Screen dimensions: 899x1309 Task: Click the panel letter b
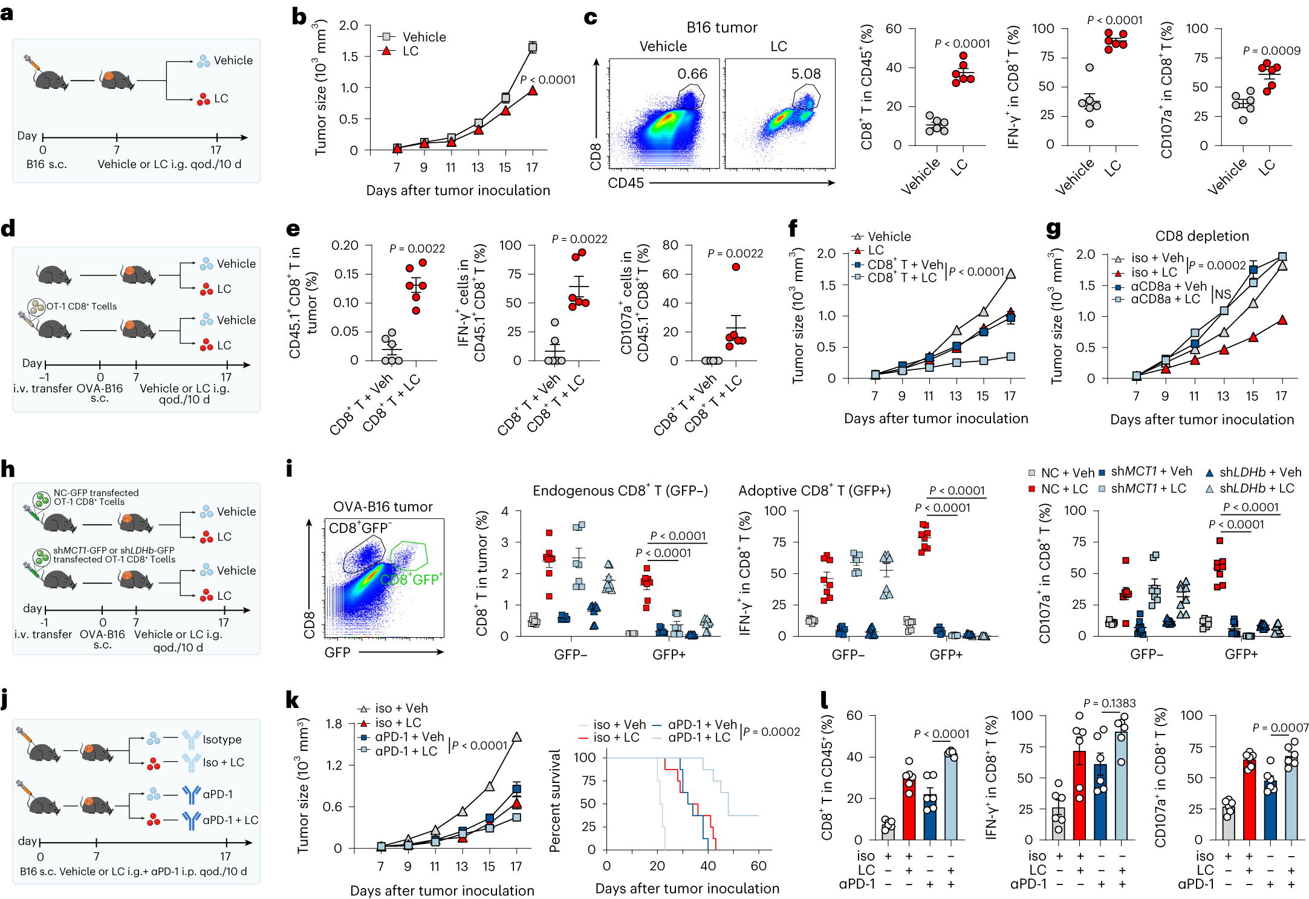(299, 17)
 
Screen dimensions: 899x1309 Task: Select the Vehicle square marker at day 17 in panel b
(532, 47)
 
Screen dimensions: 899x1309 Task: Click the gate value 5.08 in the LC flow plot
(806, 74)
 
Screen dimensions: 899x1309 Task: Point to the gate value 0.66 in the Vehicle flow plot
(692, 74)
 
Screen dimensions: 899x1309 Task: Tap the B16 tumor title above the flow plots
(721, 27)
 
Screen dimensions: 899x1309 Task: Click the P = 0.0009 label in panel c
(1271, 51)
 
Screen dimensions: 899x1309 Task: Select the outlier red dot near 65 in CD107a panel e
(736, 267)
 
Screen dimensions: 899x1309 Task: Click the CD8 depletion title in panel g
(1201, 236)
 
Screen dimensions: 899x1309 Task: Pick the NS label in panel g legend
(1223, 294)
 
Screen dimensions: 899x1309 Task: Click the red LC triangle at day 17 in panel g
(1282, 320)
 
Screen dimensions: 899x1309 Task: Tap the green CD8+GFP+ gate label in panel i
(411, 579)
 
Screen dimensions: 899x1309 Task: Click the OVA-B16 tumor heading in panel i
(383, 507)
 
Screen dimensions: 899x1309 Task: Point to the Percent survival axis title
(554, 800)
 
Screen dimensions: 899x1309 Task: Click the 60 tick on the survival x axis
(758, 866)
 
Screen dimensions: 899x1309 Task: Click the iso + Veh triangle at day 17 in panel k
(516, 737)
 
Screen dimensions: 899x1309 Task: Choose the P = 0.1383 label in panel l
(1109, 703)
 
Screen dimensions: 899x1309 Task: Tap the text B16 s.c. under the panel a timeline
(47, 164)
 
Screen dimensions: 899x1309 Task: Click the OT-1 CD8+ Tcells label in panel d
(82, 306)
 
